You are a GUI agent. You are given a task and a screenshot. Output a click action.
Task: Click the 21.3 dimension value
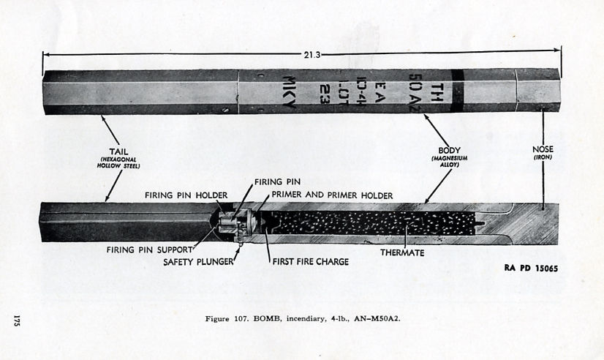(x=312, y=55)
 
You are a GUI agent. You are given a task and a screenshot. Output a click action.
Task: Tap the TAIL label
(x=118, y=151)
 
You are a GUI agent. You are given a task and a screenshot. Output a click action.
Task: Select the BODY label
(x=449, y=150)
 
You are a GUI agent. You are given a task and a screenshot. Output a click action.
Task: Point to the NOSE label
(x=543, y=149)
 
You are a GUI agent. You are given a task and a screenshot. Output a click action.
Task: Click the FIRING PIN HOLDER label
(x=186, y=195)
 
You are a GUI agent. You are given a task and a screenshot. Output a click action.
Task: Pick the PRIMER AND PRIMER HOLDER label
(x=332, y=195)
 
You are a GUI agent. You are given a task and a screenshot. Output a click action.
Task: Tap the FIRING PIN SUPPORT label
(x=149, y=250)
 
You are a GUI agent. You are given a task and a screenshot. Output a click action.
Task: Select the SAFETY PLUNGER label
(x=198, y=262)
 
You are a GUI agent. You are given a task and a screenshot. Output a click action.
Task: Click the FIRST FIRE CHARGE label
(x=311, y=262)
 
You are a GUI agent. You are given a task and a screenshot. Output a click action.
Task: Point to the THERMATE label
(x=402, y=253)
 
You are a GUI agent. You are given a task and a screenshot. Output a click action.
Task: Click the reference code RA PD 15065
(x=531, y=269)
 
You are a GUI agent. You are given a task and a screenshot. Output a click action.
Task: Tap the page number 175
(x=16, y=320)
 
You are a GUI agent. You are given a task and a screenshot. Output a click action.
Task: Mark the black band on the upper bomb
(x=457, y=91)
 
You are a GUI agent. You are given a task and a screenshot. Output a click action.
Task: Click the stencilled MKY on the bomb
(x=290, y=91)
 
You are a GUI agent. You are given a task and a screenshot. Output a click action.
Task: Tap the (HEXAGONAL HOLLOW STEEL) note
(x=118, y=162)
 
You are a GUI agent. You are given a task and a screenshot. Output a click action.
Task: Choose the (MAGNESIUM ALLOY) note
(x=449, y=162)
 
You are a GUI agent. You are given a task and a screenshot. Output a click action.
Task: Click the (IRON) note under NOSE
(x=543, y=157)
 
